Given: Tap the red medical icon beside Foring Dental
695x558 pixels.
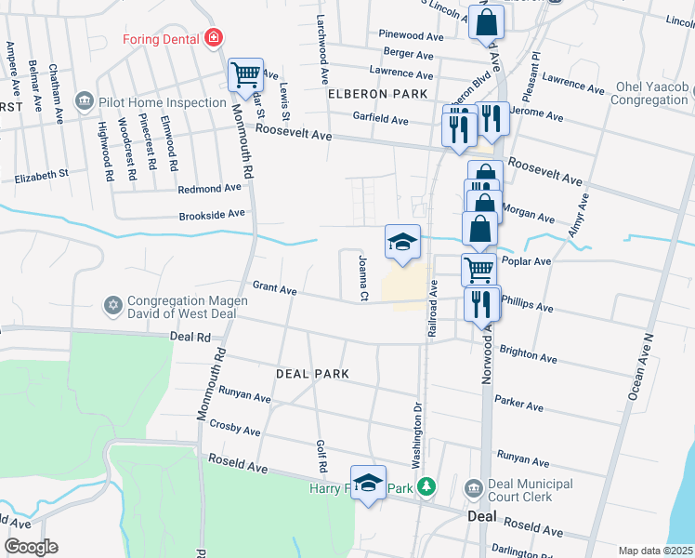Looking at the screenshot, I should click(214, 38).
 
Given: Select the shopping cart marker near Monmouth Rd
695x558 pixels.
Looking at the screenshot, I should click(245, 73).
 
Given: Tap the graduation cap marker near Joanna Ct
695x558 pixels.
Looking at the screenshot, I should click(402, 243).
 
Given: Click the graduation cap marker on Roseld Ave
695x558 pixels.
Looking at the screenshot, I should click(368, 482).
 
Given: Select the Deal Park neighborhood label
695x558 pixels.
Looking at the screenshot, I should click(312, 373).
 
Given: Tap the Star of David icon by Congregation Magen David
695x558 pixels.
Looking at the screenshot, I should click(113, 304).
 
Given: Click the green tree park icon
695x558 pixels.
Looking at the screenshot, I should click(426, 486).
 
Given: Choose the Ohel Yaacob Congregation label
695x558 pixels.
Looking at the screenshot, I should click(650, 94).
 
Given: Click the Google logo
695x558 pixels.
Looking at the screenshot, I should click(30, 546).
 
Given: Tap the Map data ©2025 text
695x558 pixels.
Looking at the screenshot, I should click(655, 551).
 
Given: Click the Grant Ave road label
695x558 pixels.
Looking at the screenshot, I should click(274, 291).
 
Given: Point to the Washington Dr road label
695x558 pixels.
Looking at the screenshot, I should click(417, 433).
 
